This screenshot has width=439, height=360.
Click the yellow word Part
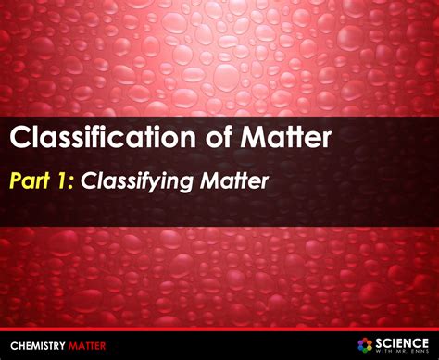tap(31, 181)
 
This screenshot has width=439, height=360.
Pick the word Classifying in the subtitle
tap(135, 182)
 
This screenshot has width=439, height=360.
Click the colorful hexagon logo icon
tap(366, 343)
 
